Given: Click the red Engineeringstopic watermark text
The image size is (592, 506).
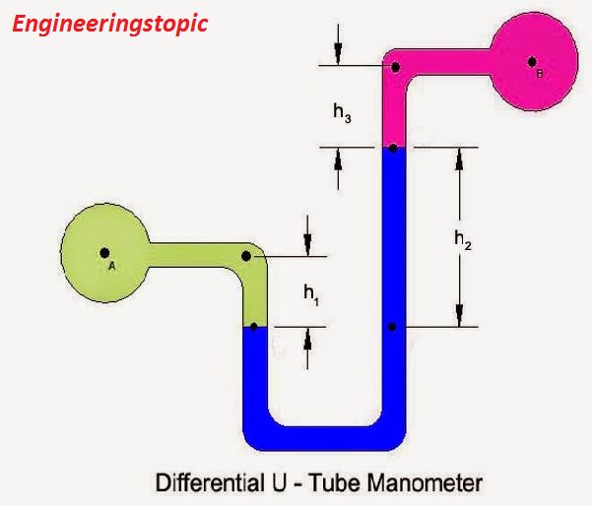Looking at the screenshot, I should pyautogui.click(x=109, y=24).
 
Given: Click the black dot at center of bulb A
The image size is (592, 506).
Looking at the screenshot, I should pyautogui.click(x=103, y=253).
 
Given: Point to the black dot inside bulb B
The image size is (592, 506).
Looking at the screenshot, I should pyautogui.click(x=532, y=61).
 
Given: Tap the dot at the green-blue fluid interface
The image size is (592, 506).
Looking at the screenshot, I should pyautogui.click(x=254, y=326).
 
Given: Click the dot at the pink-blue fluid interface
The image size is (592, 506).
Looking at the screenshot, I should pyautogui.click(x=392, y=149).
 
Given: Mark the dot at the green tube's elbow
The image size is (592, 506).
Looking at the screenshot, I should pyautogui.click(x=246, y=256).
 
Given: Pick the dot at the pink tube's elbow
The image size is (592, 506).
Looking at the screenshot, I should pyautogui.click(x=394, y=67).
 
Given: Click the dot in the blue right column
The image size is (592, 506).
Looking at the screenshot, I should pyautogui.click(x=392, y=326).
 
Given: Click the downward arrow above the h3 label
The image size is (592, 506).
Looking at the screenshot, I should pyautogui.click(x=338, y=44).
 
